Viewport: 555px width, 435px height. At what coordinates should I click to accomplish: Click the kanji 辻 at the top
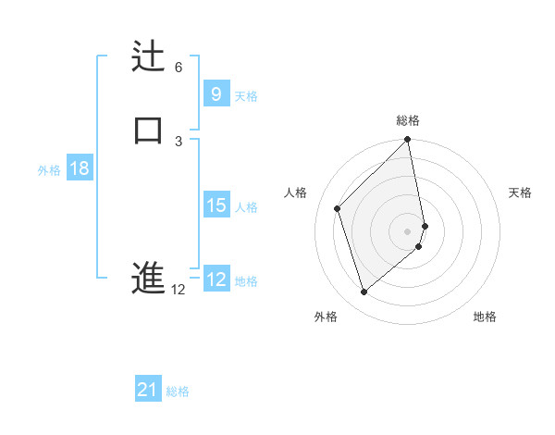tap(148, 56)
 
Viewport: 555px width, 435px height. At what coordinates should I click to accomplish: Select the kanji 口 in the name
tap(148, 129)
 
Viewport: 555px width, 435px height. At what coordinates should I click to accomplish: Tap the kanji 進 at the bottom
tap(148, 278)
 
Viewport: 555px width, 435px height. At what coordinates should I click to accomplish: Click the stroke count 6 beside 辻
tap(179, 68)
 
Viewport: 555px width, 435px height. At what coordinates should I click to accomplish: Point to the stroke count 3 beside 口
tap(179, 141)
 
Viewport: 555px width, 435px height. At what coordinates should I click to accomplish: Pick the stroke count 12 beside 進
tap(179, 290)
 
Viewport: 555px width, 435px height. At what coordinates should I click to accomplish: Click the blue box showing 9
tap(216, 93)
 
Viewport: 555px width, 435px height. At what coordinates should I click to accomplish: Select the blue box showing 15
tap(216, 205)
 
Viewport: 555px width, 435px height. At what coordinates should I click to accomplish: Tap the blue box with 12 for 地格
tap(216, 280)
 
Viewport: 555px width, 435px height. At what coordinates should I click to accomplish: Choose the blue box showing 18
tap(79, 168)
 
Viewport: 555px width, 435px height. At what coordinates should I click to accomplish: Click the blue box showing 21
tap(147, 391)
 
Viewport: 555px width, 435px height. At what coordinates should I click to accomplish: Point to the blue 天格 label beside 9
tap(246, 95)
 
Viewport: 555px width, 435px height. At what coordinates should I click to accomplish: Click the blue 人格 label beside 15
tap(246, 207)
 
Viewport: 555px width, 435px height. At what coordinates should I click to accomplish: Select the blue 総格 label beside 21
tap(178, 391)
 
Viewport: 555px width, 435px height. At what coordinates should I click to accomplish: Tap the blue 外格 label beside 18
tap(49, 170)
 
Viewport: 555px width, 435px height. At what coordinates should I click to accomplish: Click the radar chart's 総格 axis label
tap(408, 120)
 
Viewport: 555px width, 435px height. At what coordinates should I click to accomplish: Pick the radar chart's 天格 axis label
tap(520, 193)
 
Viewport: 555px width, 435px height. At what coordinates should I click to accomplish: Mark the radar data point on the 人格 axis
tap(338, 208)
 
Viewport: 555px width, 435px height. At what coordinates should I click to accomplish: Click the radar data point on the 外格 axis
tap(364, 292)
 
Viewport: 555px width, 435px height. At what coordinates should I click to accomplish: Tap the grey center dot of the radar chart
tap(408, 230)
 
